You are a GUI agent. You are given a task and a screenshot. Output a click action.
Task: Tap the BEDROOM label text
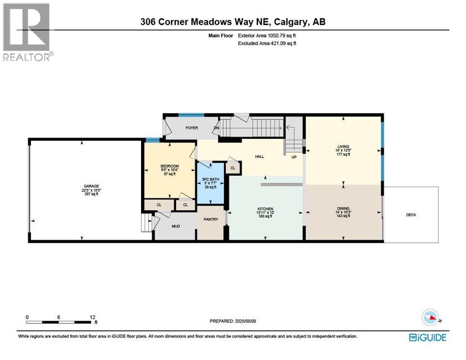click(169, 166)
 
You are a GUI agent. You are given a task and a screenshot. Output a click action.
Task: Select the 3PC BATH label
click(210, 179)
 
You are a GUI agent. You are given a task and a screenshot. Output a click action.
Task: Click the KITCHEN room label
click(265, 209)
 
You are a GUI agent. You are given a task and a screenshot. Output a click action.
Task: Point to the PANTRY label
click(210, 219)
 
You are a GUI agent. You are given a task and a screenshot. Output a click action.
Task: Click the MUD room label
click(175, 226)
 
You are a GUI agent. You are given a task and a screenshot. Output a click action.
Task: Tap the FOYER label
click(191, 127)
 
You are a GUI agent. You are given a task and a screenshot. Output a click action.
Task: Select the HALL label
click(259, 157)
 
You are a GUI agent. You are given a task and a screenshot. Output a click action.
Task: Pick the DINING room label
click(343, 209)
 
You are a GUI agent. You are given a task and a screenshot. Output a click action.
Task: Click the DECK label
click(411, 215)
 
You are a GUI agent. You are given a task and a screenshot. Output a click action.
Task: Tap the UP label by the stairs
click(294, 157)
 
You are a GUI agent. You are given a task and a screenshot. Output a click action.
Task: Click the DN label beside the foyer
click(216, 127)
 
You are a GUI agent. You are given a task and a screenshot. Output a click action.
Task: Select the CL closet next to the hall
click(233, 167)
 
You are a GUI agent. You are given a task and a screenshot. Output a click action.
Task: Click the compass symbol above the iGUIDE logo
click(432, 319)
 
